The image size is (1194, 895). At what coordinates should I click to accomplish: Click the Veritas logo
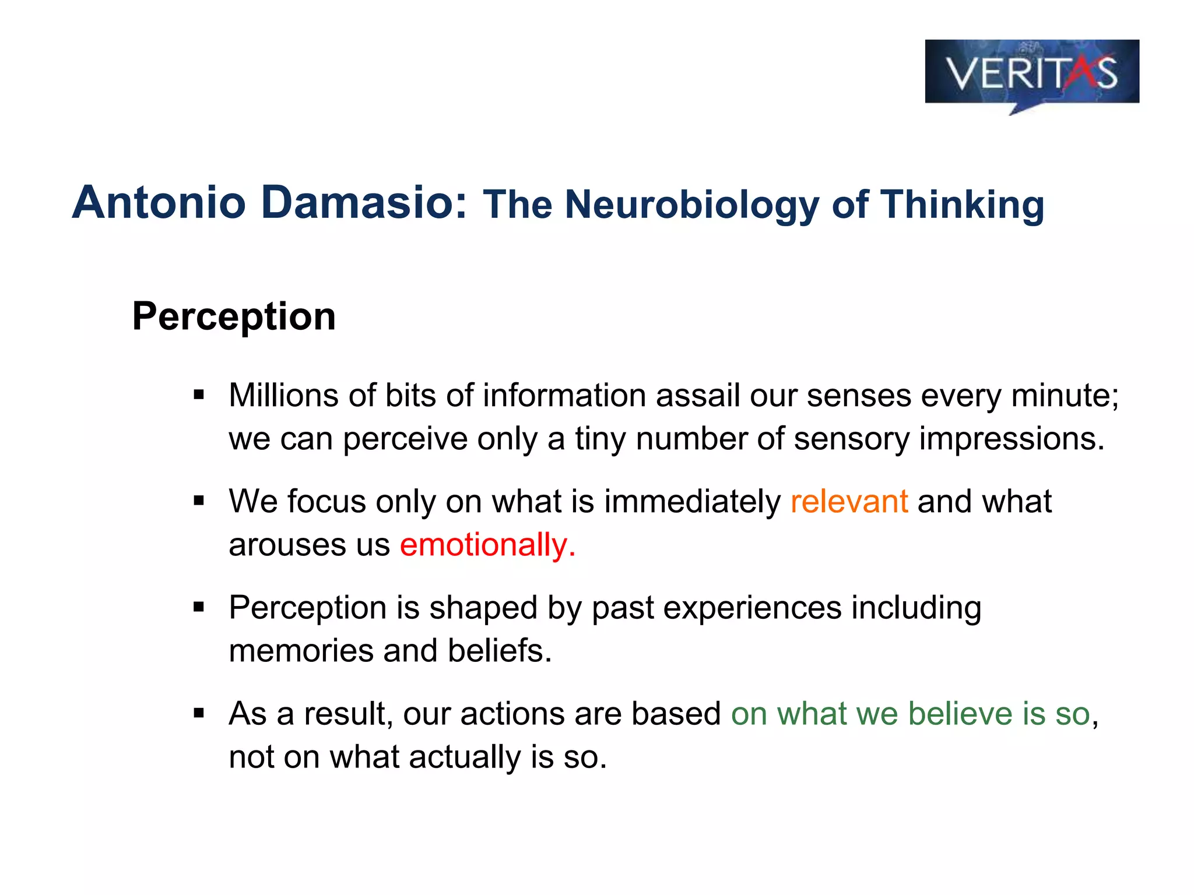point(1031,73)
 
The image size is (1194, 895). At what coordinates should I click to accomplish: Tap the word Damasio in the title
point(364,202)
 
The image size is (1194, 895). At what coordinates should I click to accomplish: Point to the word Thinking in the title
point(962,205)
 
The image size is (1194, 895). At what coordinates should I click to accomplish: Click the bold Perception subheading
point(234,316)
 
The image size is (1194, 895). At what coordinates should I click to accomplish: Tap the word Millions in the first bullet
point(283,396)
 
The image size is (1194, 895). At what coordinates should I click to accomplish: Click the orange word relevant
point(849,502)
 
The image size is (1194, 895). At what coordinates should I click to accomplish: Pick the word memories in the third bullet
point(301,651)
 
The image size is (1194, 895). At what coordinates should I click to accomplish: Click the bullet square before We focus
point(199,501)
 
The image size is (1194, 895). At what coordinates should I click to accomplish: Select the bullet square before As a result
point(199,713)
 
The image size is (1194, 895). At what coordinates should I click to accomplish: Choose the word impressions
point(1011,439)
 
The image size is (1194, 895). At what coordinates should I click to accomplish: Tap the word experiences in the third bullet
point(752,608)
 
